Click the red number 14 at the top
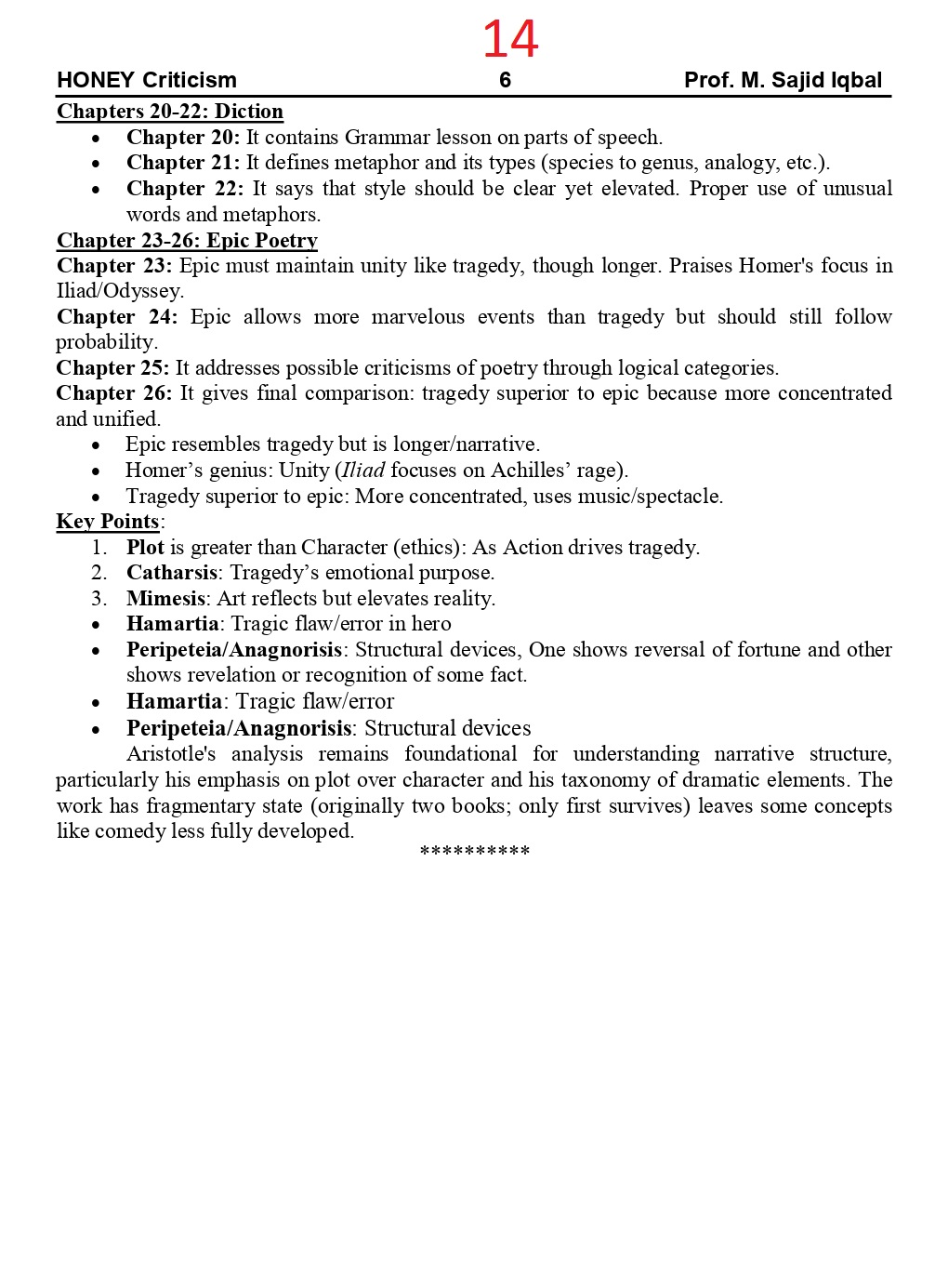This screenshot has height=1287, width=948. [x=510, y=39]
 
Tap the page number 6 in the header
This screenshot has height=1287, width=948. [x=505, y=80]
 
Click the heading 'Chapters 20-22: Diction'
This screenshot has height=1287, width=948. [x=170, y=112]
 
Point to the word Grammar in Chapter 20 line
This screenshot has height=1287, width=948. [x=384, y=138]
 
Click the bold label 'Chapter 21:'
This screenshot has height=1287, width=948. [x=183, y=163]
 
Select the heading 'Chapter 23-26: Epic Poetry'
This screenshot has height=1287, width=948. [x=187, y=241]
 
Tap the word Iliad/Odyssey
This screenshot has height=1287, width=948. [x=120, y=291]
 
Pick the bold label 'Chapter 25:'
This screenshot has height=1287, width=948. [x=112, y=368]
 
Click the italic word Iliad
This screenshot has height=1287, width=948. [x=363, y=471]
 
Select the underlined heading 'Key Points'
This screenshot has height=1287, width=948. [x=107, y=522]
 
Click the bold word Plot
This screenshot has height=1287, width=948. [x=145, y=548]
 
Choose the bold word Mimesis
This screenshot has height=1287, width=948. [x=165, y=599]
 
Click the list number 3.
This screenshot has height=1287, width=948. [x=99, y=599]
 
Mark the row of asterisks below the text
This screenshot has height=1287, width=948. [x=474, y=852]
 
